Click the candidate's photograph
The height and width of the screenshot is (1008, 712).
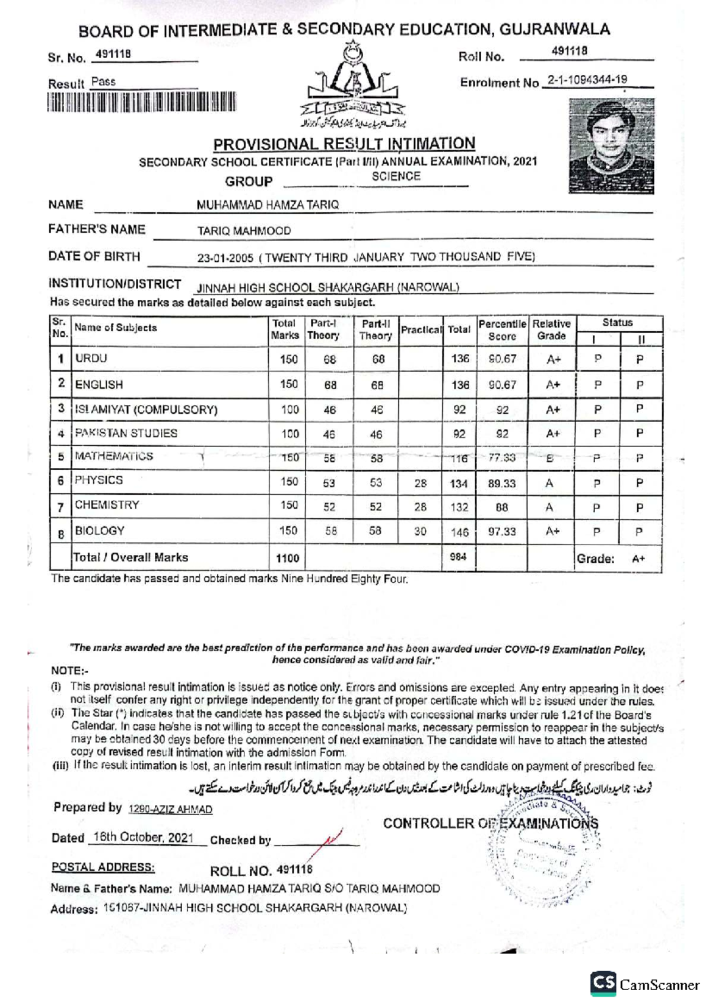(x=611, y=146)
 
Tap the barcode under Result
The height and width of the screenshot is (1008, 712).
(x=141, y=102)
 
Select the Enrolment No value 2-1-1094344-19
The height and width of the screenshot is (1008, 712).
(x=587, y=80)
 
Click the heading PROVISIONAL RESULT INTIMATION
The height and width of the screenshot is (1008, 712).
(x=344, y=144)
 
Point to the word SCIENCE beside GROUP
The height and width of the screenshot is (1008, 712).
(x=396, y=176)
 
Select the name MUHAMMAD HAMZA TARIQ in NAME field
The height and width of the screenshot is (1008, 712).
(x=268, y=205)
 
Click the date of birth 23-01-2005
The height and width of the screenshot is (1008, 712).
(x=225, y=258)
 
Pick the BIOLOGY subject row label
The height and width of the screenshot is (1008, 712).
(x=100, y=531)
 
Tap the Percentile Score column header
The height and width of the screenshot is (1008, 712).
(x=502, y=330)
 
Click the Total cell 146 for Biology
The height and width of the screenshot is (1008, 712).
(x=459, y=532)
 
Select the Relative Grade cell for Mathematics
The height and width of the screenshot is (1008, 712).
(x=551, y=458)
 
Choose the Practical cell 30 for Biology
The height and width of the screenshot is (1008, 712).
(x=420, y=531)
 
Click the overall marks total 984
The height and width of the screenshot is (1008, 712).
(x=458, y=557)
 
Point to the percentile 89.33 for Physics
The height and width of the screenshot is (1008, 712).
(x=501, y=483)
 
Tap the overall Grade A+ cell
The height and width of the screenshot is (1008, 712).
(x=638, y=559)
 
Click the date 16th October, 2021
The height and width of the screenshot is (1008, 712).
(x=143, y=837)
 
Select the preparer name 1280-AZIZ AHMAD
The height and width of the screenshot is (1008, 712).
(x=170, y=809)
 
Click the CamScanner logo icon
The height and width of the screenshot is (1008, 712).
(x=603, y=984)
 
